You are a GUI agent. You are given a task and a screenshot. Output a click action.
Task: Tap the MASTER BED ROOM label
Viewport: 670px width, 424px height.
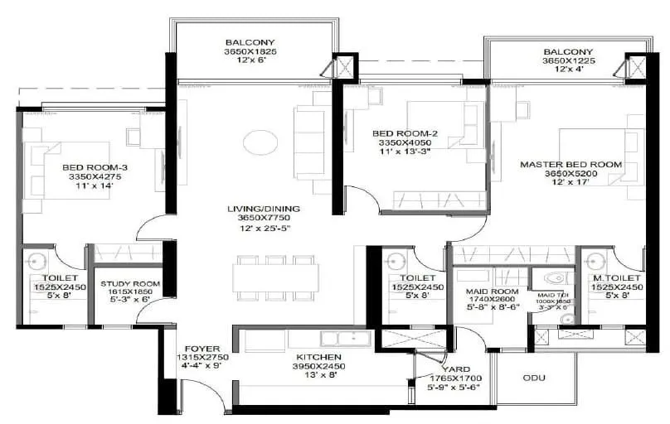570,165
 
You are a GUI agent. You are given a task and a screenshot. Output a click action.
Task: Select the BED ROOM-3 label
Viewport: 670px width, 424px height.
95,168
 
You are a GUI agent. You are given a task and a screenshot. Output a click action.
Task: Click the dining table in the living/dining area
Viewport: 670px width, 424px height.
275,277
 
